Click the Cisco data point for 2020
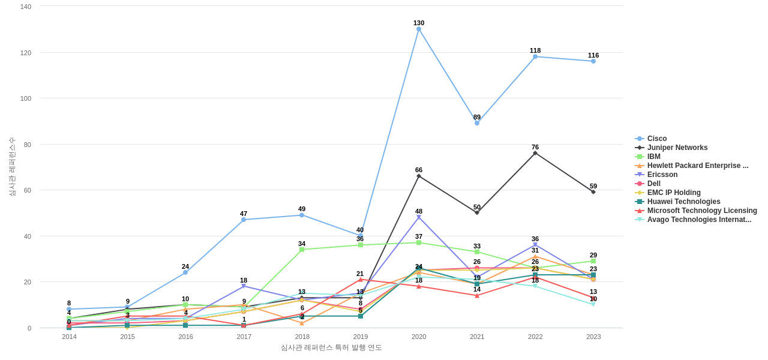[419, 29]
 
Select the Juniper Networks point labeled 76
[535, 153]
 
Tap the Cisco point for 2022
[535, 56]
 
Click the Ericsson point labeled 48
[419, 217]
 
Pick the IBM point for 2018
[302, 250]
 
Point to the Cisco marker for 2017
[244, 220]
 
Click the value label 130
[419, 23]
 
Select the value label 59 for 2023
[593, 186]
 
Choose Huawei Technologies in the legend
[683, 202]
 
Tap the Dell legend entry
[653, 184]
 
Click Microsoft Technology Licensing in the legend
[701, 211]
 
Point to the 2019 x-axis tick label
[361, 337]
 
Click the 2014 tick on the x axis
[69, 337]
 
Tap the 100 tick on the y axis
[26, 98]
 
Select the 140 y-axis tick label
[26, 7]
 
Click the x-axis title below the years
[331, 347]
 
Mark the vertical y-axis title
[12, 167]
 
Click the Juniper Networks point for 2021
[477, 212]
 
